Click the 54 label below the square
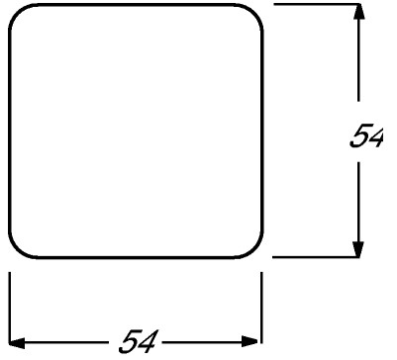(x=139, y=341)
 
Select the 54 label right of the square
(x=366, y=135)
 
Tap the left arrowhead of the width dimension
(x=17, y=342)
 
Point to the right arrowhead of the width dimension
(x=249, y=341)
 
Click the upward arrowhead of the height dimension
(x=358, y=12)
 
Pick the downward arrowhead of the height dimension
(x=358, y=249)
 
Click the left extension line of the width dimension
(x=10, y=308)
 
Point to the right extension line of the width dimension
(x=261, y=308)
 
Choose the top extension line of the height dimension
(x=317, y=4)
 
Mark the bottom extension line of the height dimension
(x=316, y=257)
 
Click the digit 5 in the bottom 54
(x=129, y=341)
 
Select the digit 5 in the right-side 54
(x=358, y=135)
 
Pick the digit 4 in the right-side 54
(x=375, y=135)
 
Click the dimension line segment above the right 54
(x=358, y=52)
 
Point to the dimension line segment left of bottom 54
(x=58, y=342)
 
